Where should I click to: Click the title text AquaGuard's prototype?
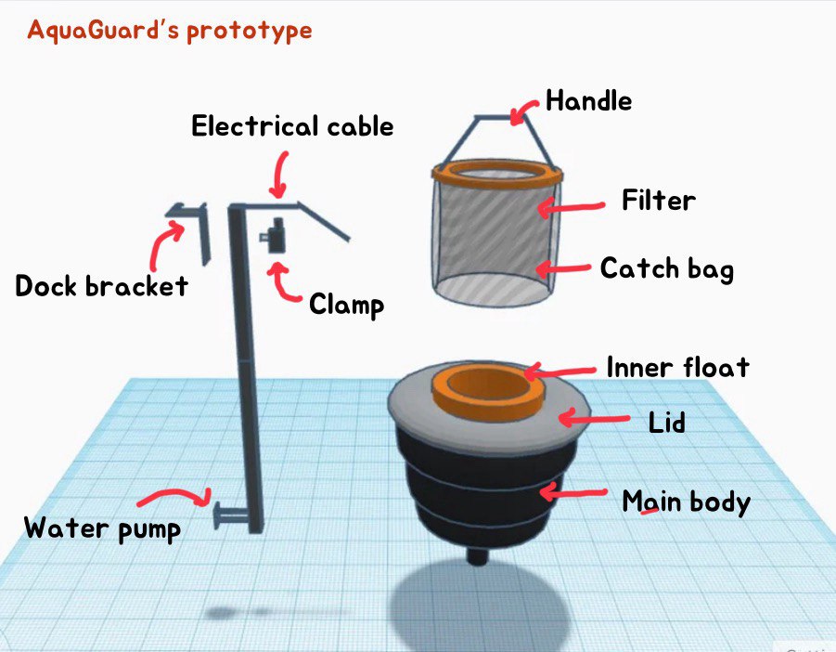click(170, 31)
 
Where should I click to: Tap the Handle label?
click(588, 101)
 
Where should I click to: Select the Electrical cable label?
click(292, 126)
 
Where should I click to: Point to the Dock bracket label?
click(101, 286)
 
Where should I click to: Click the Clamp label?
click(347, 305)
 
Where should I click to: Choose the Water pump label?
click(102, 529)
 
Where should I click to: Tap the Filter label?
click(659, 201)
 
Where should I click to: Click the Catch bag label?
click(667, 268)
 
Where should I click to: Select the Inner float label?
click(678, 368)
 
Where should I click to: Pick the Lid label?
click(666, 423)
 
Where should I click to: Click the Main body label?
click(687, 502)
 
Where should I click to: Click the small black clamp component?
click(274, 235)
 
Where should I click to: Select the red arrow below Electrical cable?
click(279, 175)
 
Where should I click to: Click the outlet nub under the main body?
click(477, 554)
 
